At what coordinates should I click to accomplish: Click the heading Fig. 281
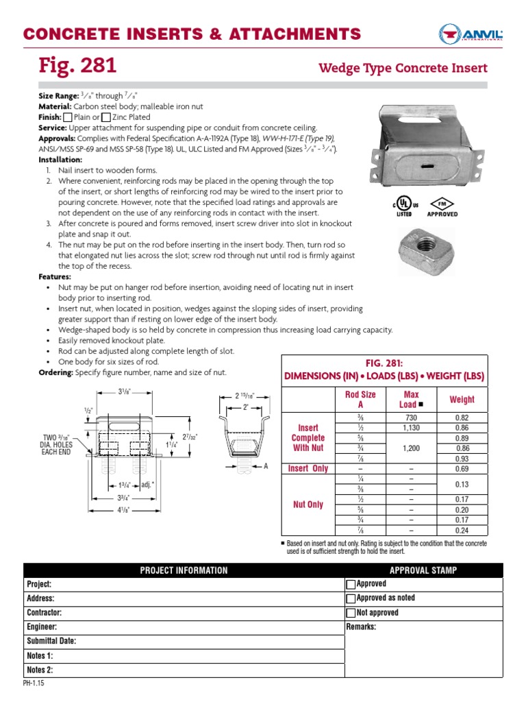(77, 66)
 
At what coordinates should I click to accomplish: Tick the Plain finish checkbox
(67, 117)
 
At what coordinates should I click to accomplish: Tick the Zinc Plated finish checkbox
(105, 117)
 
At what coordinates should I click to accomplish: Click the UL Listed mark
(403, 208)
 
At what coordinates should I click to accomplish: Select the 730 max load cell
(411, 418)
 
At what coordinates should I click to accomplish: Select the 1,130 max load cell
(411, 428)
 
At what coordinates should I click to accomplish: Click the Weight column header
(461, 399)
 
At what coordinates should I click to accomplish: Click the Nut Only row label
(308, 505)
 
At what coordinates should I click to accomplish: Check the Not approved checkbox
(351, 613)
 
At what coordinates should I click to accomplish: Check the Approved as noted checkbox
(351, 598)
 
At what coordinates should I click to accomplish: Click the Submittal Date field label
(51, 641)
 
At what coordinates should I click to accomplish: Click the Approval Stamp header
(423, 570)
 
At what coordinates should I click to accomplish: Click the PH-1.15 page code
(34, 683)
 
